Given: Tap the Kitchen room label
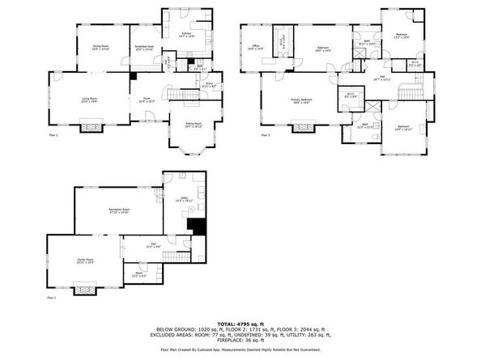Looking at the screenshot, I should pyautogui.click(x=186, y=35).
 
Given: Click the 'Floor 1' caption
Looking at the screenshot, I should pyautogui.click(x=52, y=299).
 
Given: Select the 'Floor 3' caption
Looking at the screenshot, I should pyautogui.click(x=265, y=135).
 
